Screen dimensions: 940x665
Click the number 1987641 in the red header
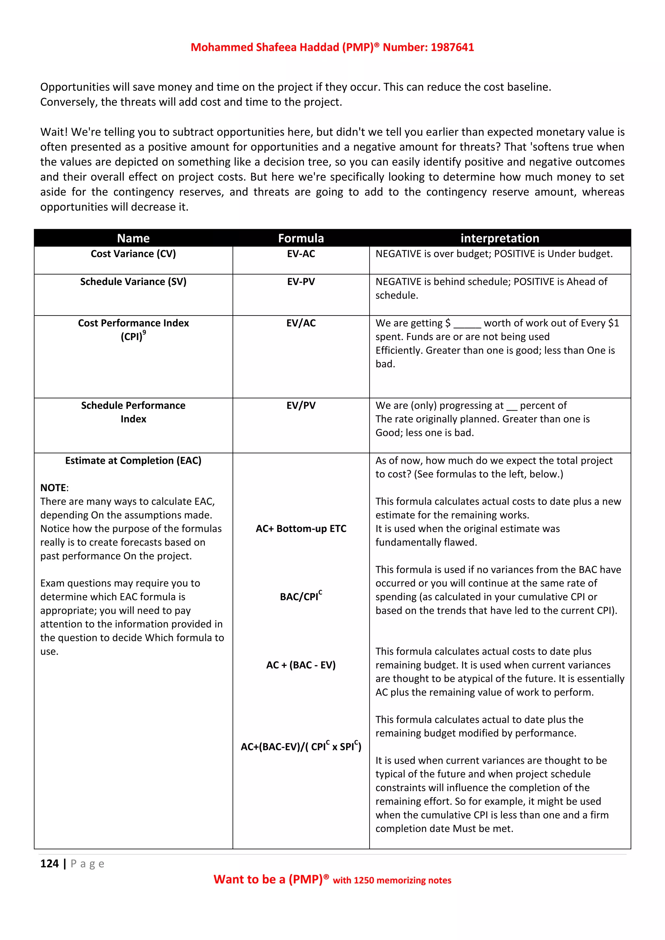(452, 47)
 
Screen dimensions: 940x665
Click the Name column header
(133, 238)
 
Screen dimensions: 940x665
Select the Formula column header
(301, 238)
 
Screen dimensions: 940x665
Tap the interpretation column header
(500, 238)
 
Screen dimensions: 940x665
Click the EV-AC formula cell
(301, 254)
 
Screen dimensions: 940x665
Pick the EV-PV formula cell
(301, 282)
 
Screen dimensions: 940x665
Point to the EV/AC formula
(301, 323)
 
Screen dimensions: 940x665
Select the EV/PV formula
(301, 405)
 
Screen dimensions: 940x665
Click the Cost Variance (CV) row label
(133, 254)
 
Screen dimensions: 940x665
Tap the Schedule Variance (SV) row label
(133, 282)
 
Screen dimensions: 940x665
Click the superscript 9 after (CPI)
(144, 333)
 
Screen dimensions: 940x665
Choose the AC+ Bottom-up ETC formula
(301, 528)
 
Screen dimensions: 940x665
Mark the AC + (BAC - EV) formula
(301, 665)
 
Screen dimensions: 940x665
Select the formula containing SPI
(301, 746)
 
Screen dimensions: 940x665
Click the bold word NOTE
(53, 488)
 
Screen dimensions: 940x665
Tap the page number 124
(50, 863)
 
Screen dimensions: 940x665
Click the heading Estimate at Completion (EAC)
(133, 461)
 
